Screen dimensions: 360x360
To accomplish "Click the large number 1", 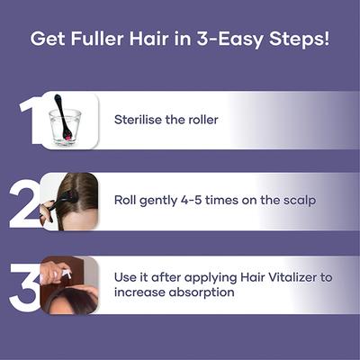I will click(29, 120).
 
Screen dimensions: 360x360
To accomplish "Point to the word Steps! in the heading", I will click(296, 40).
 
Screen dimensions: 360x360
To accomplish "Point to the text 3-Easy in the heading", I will click(229, 40).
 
